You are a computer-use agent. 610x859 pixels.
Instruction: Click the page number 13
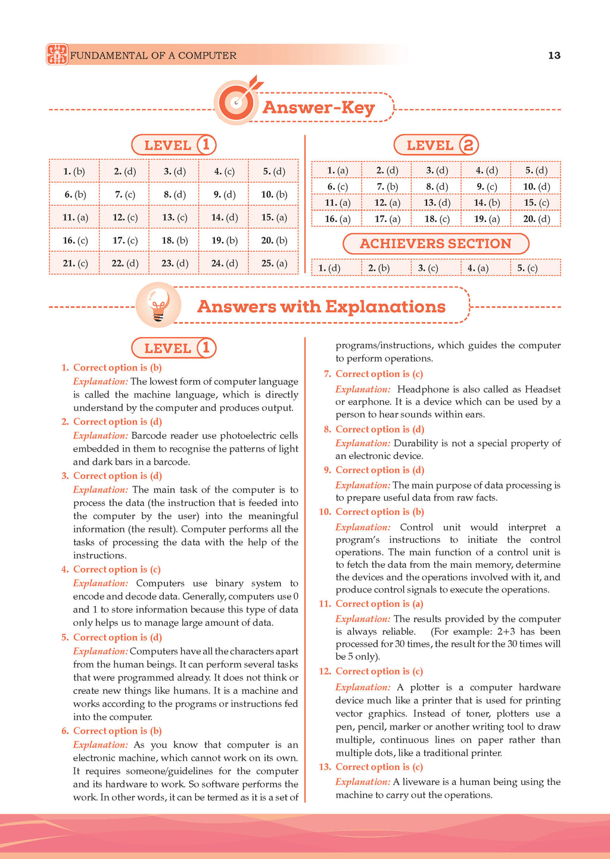pos(554,55)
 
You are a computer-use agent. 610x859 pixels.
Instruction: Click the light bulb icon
pos(158,304)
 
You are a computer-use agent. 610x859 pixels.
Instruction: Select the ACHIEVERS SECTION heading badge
pos(435,243)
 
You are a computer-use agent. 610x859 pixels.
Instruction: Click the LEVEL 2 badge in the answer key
pos(436,145)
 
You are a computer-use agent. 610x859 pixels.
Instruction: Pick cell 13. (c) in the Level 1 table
pos(174,217)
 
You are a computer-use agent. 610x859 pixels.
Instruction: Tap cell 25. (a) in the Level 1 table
pos(273,263)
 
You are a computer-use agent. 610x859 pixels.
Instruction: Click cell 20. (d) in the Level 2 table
pos(536,219)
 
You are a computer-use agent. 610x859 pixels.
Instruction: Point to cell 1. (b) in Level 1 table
pos(74,171)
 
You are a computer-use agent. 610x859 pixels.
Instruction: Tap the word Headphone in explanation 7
pos(421,389)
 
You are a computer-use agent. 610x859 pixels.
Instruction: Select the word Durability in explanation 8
pos(415,443)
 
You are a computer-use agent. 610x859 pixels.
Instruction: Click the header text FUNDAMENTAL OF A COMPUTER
pos(153,55)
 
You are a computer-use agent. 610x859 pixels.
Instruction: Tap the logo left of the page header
pos(57,54)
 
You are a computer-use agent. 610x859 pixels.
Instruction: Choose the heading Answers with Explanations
pos(321,307)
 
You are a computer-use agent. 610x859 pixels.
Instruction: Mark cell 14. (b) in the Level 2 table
pos(486,203)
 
